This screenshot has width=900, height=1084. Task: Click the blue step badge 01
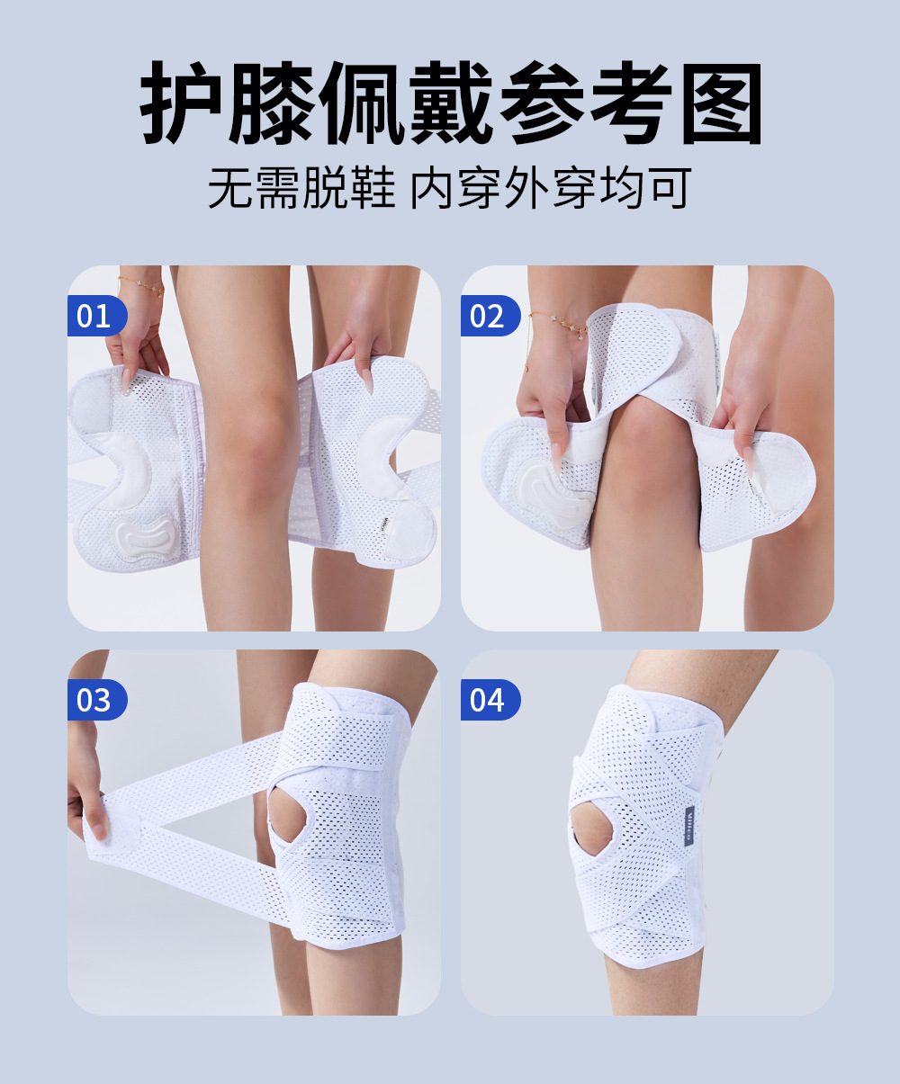click(97, 316)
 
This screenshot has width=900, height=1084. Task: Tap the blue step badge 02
click(490, 316)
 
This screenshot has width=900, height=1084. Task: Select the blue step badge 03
click(97, 699)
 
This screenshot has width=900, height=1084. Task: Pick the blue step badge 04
click(490, 699)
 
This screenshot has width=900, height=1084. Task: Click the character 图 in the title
click(722, 103)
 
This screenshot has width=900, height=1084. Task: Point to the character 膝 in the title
click(271, 103)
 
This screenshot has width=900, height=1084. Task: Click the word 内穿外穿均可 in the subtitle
click(551, 188)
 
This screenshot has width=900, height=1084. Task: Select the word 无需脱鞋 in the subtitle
click(301, 188)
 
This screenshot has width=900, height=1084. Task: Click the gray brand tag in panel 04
click(689, 826)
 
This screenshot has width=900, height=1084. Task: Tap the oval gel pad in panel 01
click(142, 537)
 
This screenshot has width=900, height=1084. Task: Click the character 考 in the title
click(630, 103)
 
